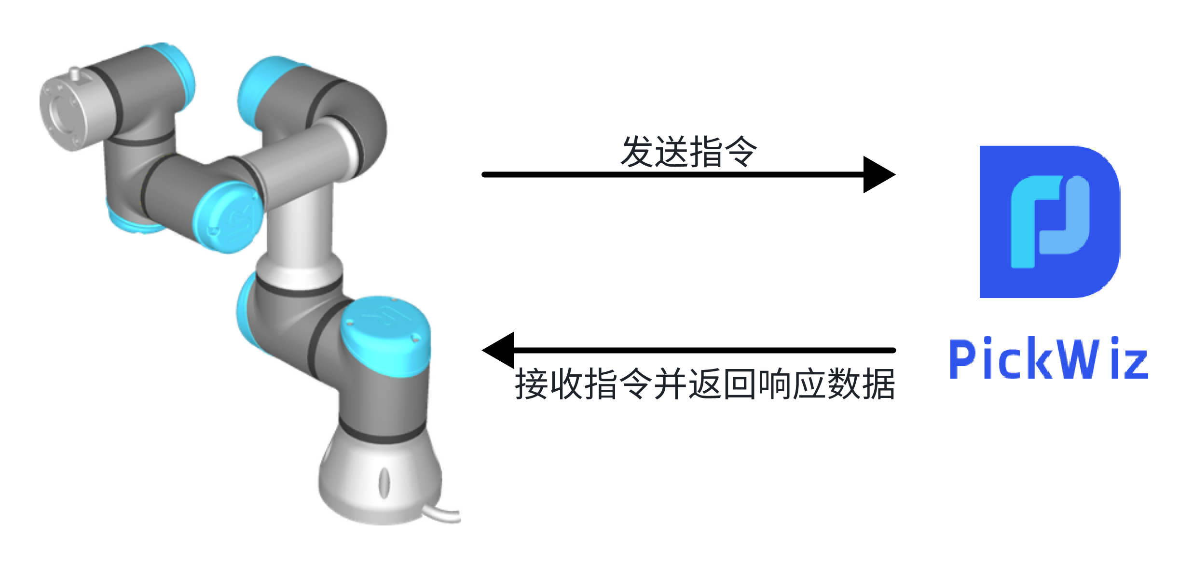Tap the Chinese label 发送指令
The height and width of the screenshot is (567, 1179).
coord(688,152)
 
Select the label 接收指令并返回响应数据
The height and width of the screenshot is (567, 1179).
coord(705,384)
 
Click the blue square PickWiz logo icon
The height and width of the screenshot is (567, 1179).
coord(1050,222)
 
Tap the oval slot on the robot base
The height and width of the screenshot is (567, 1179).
coord(384,482)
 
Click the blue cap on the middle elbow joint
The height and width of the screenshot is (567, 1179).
coord(227,217)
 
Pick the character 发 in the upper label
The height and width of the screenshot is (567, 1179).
coord(637,152)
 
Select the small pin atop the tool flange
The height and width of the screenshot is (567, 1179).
coord(74,73)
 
